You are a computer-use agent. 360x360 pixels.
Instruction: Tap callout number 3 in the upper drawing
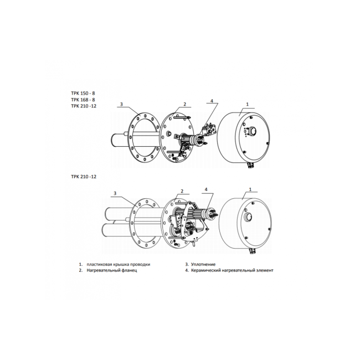click(x=121, y=104)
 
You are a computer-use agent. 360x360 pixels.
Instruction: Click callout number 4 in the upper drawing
click(x=212, y=101)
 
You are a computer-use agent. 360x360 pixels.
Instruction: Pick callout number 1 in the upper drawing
click(x=247, y=104)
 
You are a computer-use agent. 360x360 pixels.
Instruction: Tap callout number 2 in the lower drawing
click(x=181, y=191)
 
